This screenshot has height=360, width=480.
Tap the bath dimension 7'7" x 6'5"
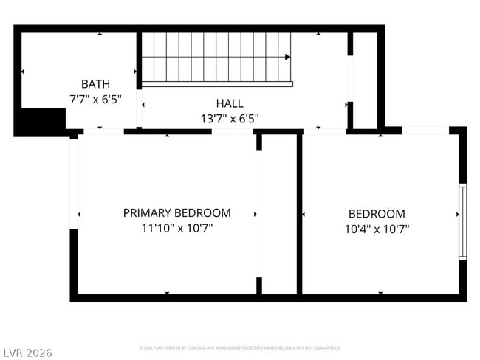(96, 97)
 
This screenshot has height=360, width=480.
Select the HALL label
(229, 103)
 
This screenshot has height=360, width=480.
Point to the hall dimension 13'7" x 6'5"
(229, 117)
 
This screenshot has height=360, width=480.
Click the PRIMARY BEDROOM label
(176, 212)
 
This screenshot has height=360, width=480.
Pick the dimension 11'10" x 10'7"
(176, 228)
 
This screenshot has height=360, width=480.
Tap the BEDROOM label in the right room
(377, 213)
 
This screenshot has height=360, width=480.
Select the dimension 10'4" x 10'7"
(377, 229)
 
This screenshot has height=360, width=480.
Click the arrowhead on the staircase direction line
(287, 57)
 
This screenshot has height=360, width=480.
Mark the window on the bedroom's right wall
(462, 221)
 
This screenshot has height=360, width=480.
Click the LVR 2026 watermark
(28, 353)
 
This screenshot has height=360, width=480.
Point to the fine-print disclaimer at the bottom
(239, 347)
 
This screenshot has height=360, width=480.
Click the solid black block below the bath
(41, 121)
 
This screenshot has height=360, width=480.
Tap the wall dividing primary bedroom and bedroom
(299, 214)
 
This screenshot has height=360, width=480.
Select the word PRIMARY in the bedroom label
(146, 212)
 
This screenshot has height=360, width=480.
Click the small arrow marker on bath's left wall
(22, 72)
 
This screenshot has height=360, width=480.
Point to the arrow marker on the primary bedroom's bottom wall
(167, 293)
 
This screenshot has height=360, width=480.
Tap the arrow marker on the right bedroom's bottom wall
(380, 293)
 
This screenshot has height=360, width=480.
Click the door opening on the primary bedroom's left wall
(74, 184)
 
